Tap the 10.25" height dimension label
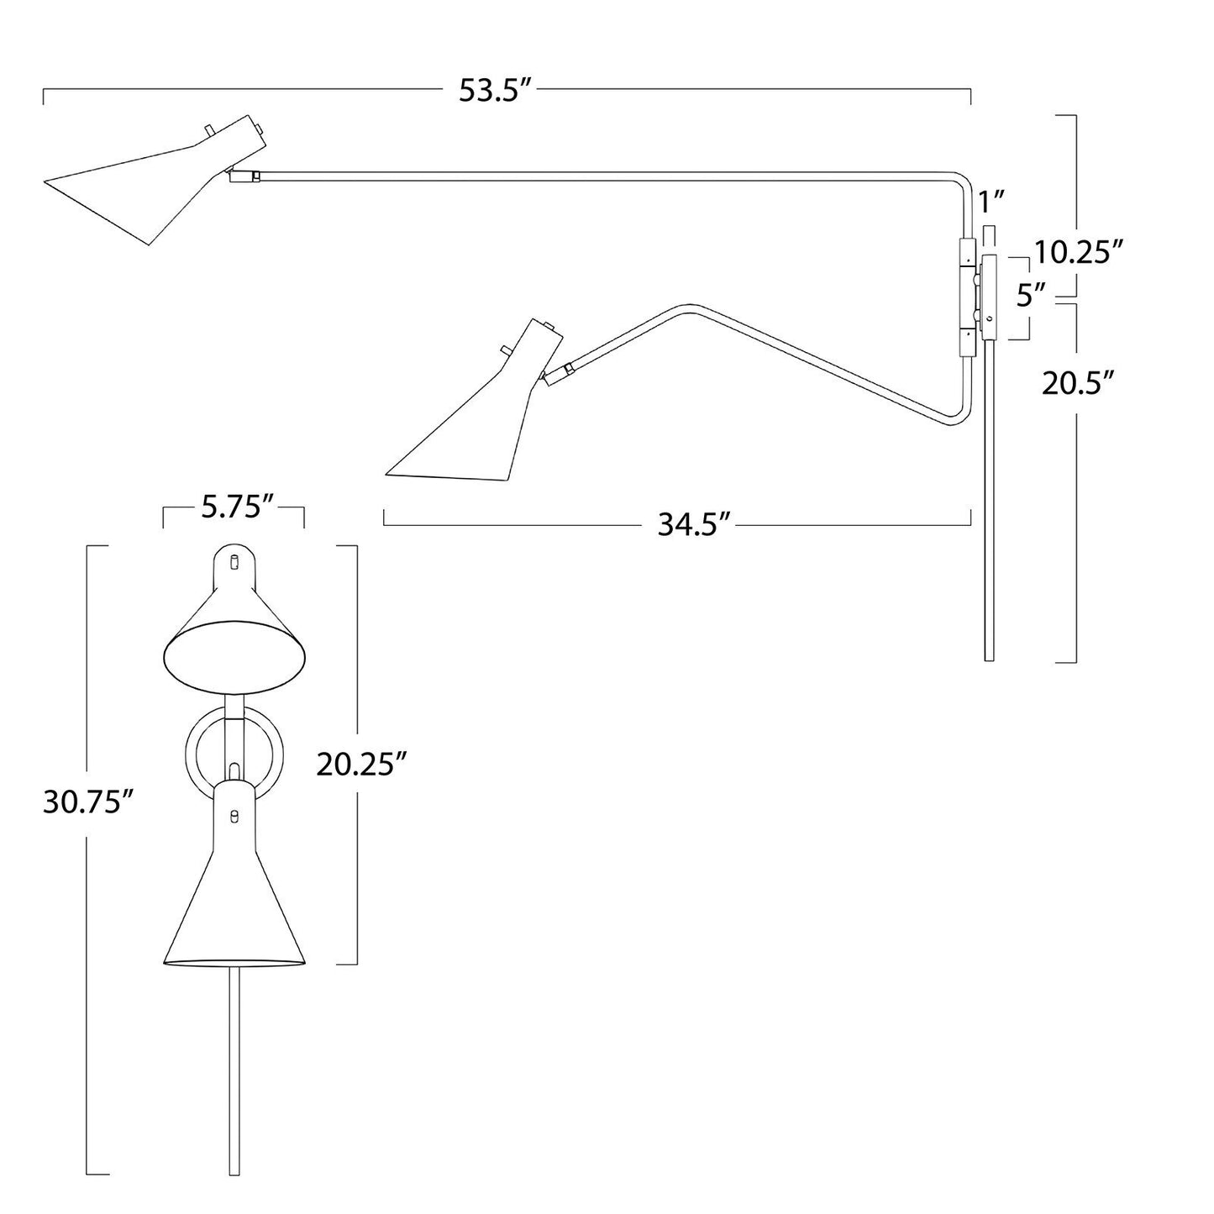pos(1079,253)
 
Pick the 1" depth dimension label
pos(991,202)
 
